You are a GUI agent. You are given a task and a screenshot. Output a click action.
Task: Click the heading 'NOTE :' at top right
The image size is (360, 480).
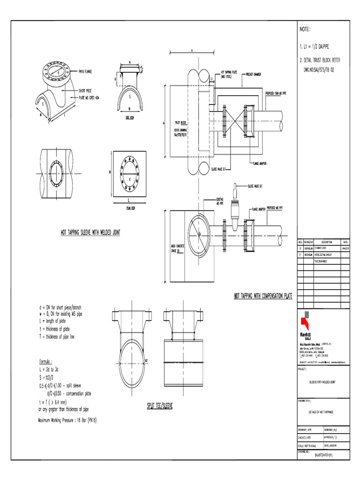tap(305, 30)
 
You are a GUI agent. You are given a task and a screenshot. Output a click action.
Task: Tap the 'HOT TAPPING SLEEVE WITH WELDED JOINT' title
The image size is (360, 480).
tap(90, 232)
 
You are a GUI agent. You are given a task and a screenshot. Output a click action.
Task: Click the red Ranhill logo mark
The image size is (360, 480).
tap(305, 320)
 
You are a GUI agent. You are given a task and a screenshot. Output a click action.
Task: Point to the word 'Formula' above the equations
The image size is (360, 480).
tap(45, 362)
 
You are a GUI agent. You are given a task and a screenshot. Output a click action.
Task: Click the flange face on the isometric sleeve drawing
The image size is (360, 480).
tap(55, 72)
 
